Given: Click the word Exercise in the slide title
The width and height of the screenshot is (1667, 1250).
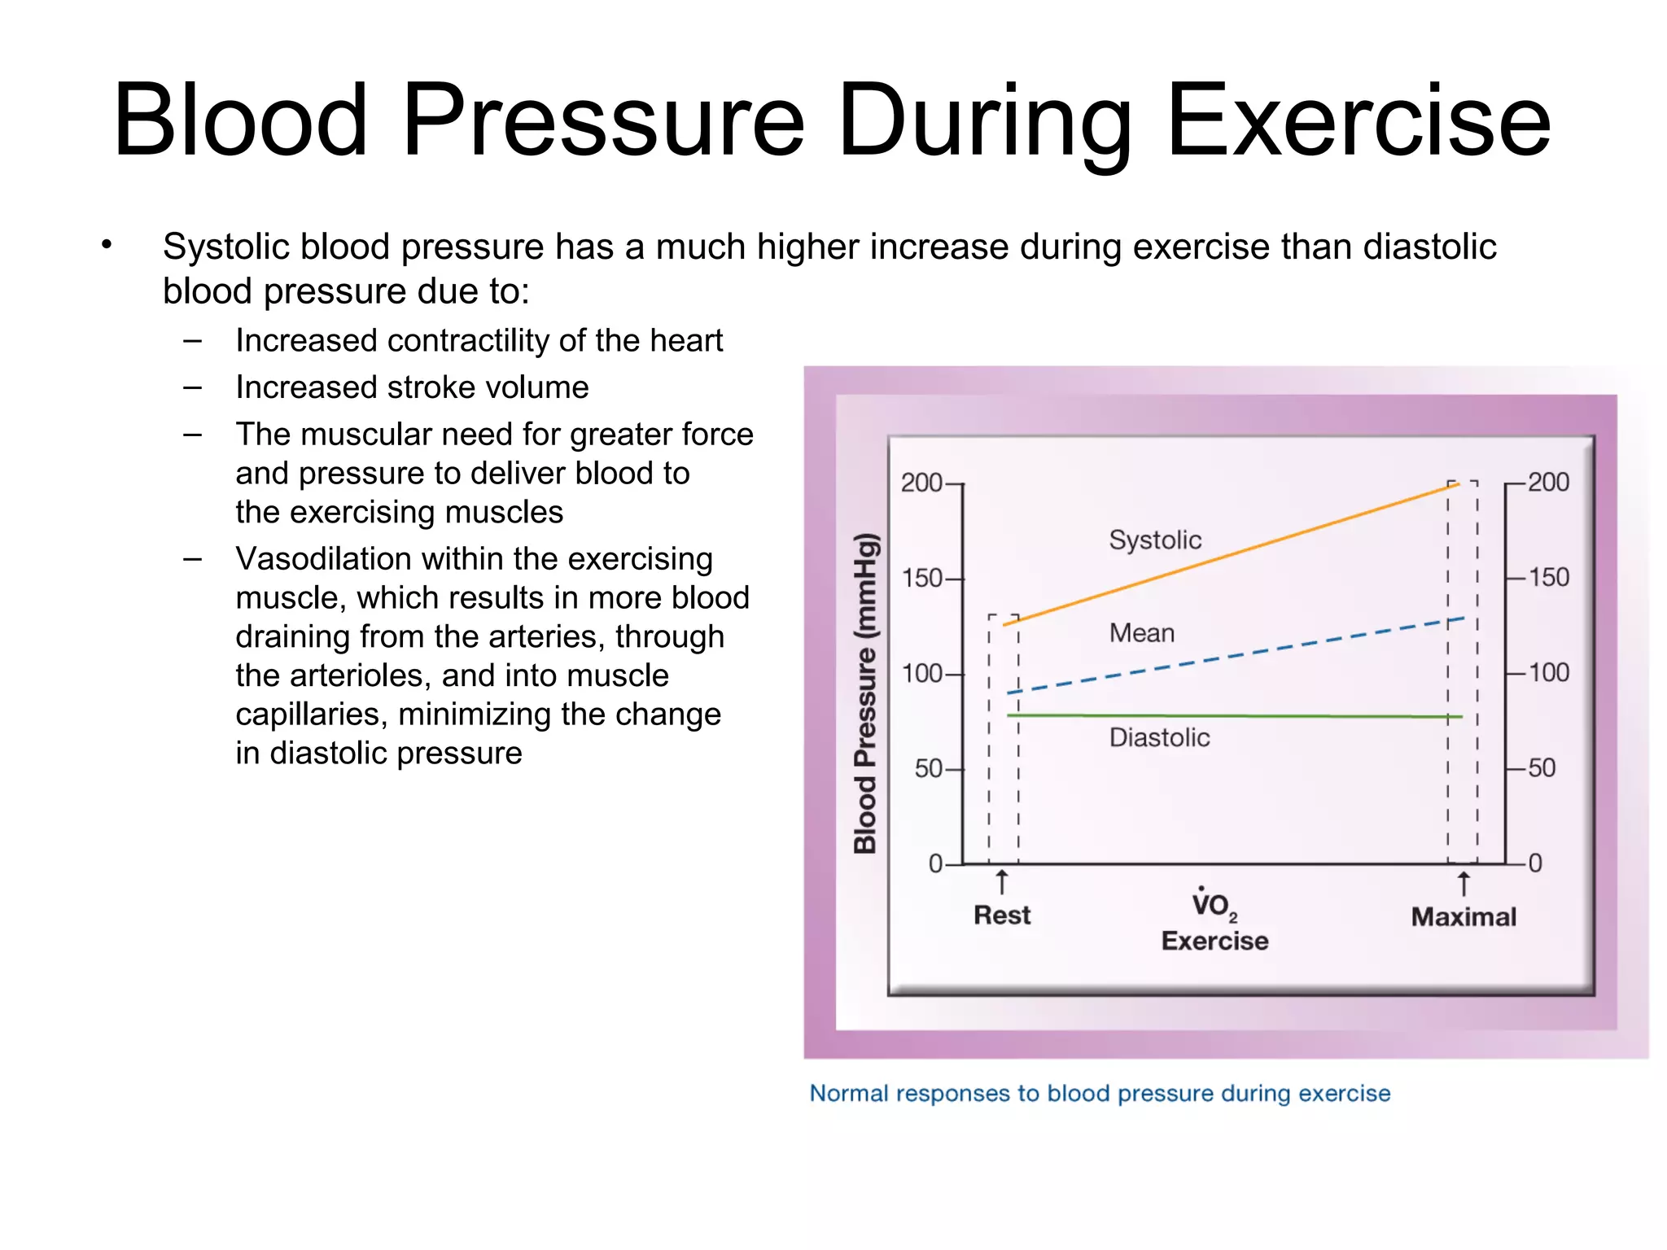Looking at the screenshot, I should (x=1358, y=122).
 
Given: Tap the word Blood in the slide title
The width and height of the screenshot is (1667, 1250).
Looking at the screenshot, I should (x=241, y=122).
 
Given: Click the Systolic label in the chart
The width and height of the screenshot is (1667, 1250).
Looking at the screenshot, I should (x=1154, y=540).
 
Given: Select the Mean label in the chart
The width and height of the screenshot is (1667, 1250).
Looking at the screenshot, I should (x=1141, y=633).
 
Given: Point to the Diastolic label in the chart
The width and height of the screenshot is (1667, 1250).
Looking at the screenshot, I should (x=1159, y=737).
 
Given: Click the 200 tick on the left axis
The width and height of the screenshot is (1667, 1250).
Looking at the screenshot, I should (x=921, y=483).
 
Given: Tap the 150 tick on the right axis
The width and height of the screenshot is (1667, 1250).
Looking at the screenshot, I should (x=1548, y=578).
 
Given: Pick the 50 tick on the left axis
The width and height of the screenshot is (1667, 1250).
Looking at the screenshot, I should (x=928, y=769).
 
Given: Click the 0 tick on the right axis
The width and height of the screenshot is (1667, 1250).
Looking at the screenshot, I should (x=1535, y=863).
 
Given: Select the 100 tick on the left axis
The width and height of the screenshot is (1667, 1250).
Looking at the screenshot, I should (x=921, y=674).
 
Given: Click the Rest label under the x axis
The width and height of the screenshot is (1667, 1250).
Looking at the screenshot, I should (x=1002, y=916).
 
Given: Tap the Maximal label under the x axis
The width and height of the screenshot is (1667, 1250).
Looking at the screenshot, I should (x=1464, y=917).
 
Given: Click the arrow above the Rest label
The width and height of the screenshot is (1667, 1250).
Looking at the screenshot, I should (x=1002, y=881).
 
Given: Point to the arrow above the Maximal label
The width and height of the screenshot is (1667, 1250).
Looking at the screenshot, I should (x=1464, y=883).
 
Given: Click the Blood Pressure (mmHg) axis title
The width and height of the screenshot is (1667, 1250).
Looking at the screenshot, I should (x=865, y=693).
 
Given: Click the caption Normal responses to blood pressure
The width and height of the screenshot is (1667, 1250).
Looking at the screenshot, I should (x=1099, y=1093).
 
